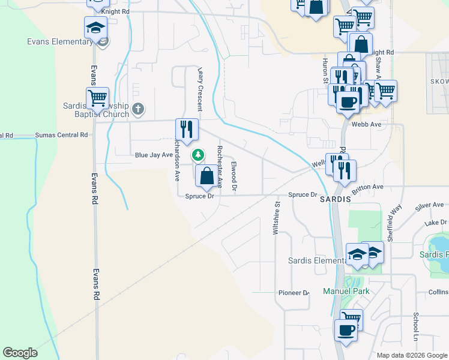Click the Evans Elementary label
click(x=59, y=41)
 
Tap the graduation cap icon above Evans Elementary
click(x=95, y=28)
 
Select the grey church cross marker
click(x=138, y=109)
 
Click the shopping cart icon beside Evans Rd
click(x=97, y=97)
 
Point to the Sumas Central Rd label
click(x=62, y=135)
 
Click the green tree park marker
click(x=197, y=155)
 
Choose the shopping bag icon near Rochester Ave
click(x=206, y=176)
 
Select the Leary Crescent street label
click(x=200, y=88)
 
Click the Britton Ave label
click(x=369, y=187)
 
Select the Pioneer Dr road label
click(x=293, y=293)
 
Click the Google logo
click(x=20, y=353)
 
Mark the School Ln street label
click(x=415, y=326)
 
